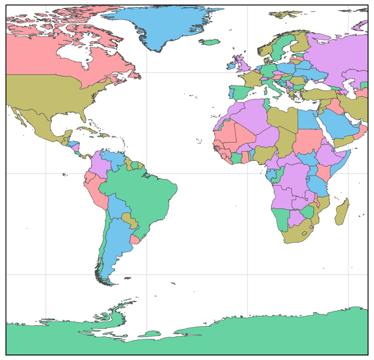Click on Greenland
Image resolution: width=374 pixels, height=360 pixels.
click(x=166, y=24)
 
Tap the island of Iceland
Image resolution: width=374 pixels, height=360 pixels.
click(x=210, y=42)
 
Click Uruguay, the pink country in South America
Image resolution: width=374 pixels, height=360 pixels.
click(x=135, y=239)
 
